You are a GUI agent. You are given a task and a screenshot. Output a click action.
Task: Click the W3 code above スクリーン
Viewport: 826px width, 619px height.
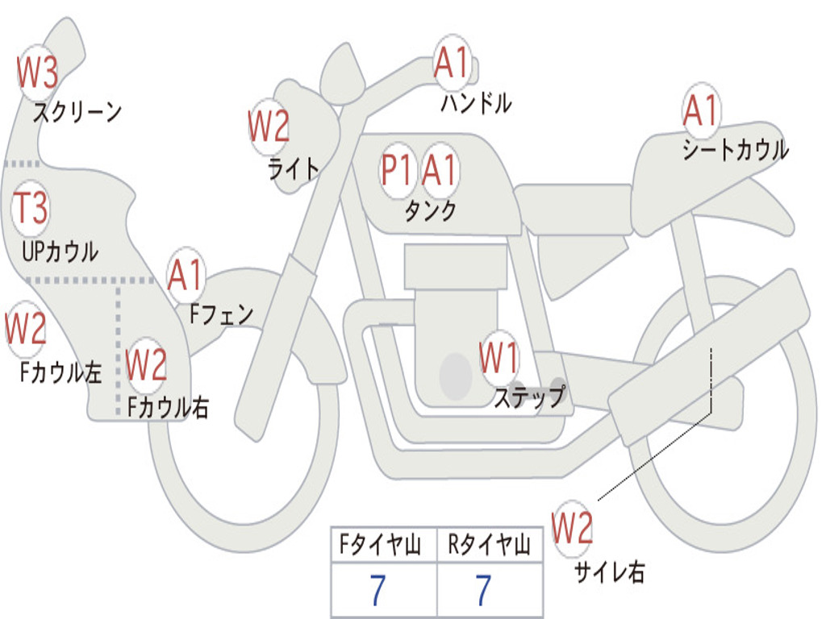point(37,73)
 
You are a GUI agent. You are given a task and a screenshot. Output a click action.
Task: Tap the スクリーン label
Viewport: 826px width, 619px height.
point(77,112)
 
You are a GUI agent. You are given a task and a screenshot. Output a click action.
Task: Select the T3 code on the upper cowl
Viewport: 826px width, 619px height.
point(31,210)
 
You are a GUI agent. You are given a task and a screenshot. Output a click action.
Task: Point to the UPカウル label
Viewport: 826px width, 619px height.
point(60,251)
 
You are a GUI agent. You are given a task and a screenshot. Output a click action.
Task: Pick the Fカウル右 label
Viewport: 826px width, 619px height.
point(168,407)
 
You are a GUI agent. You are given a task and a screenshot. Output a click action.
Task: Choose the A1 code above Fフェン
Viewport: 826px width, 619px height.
point(186,275)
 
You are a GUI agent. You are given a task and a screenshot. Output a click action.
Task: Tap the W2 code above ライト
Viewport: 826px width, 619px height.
point(269,127)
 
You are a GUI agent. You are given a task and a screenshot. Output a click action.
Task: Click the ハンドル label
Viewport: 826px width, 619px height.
point(476,102)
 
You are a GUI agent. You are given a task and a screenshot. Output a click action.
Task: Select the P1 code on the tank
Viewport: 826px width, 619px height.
point(397,170)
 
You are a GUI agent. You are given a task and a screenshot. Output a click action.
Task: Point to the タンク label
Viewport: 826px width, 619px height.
point(430,210)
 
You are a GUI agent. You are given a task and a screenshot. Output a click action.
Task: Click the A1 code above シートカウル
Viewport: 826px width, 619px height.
point(700,110)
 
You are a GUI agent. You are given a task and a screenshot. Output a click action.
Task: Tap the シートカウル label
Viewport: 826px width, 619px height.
point(735,150)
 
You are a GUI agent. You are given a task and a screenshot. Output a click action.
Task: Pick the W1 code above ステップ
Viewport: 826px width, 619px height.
point(499,358)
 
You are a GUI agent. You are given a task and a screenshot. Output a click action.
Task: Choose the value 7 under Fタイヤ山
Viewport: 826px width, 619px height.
point(378,591)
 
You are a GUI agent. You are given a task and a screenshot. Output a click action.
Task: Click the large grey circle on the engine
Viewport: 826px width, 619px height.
point(456,376)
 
